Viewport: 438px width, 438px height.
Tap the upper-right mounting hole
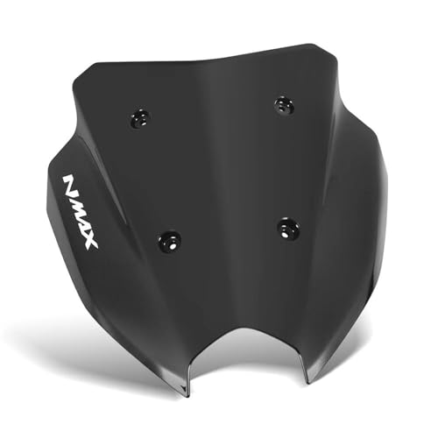[x=283, y=104]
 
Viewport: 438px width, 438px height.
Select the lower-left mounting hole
[x=170, y=238]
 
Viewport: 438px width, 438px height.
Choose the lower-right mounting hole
[x=288, y=230]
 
